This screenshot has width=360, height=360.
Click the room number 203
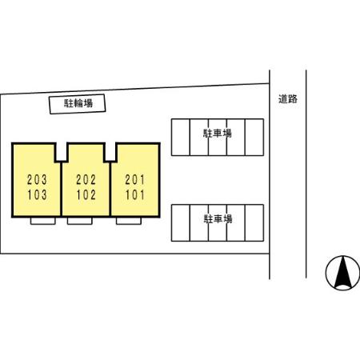pos(37,179)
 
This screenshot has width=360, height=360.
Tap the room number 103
pos(37,194)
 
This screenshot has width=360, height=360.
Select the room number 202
pos(86,179)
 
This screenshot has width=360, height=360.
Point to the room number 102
pos(86,194)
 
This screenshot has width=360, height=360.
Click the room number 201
pos(135,179)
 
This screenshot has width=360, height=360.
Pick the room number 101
pos(135,194)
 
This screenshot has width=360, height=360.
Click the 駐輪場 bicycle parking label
pos(78,103)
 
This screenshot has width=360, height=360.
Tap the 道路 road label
pos(288,99)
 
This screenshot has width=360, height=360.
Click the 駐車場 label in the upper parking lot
pos(218,133)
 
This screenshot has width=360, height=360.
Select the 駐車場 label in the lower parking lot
pos(218,219)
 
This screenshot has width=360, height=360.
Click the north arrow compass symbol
pos(342,273)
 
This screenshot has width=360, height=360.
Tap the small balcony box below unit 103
pos(43,221)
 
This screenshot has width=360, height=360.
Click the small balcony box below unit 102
pos(80,221)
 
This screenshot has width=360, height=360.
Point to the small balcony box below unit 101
pos(129,221)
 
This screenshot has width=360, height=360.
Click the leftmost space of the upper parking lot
pos(181,137)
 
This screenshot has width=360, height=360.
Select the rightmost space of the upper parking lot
pos(254,137)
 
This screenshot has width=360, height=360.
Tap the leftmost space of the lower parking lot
pos(181,223)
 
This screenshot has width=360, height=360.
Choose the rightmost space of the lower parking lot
pos(254,223)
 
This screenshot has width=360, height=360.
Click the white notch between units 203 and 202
pos(62,152)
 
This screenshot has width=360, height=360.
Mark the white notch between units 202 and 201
pos(110,152)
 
